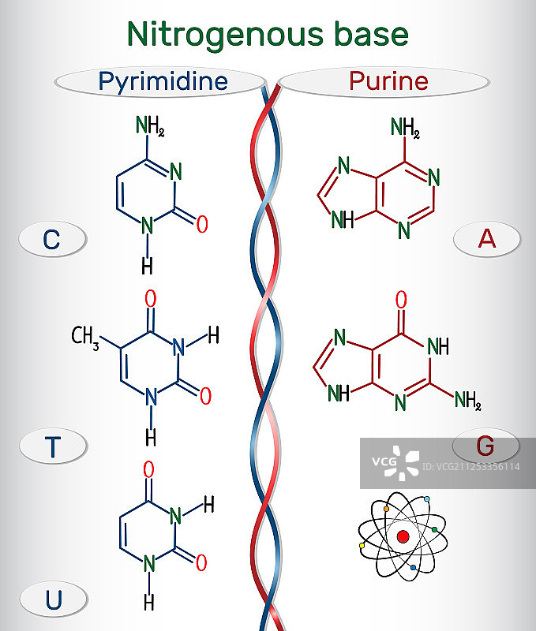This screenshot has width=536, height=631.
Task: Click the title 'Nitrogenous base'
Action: point(268,34)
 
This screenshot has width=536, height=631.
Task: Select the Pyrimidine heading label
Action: point(163,80)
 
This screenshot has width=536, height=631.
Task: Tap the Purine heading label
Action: point(388,81)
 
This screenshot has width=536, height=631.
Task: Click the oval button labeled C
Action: point(51,238)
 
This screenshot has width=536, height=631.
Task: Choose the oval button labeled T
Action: point(52,446)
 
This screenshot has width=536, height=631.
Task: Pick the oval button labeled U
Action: point(53,599)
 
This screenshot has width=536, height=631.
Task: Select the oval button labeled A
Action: point(487,237)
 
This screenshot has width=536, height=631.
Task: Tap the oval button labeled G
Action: point(485,446)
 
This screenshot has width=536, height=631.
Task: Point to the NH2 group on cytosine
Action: point(150,125)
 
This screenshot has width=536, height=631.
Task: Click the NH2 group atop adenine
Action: point(406,127)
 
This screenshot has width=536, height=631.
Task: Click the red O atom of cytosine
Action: point(202,224)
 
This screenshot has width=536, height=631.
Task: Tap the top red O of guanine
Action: point(401,300)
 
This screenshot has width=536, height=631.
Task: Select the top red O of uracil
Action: point(148,470)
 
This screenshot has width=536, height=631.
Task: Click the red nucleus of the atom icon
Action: point(403,537)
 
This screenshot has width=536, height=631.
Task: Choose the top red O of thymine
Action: point(150,300)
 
